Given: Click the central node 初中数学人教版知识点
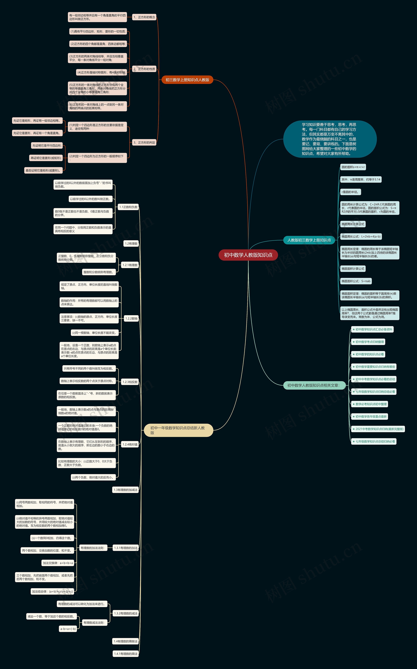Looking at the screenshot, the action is pyautogui.click(x=248, y=255).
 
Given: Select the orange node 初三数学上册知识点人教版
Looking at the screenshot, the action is pyautogui.click(x=187, y=80).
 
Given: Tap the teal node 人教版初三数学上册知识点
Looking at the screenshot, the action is pyautogui.click(x=309, y=240).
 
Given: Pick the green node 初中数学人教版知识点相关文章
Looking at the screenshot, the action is pyautogui.click(x=314, y=385).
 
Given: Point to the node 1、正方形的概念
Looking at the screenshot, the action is pyautogui.click(x=144, y=17).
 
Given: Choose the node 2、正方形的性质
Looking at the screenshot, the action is pyautogui.click(x=144, y=69).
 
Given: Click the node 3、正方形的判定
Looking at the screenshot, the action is pyautogui.click(x=144, y=143).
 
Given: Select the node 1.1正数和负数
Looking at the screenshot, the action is pyautogui.click(x=128, y=207).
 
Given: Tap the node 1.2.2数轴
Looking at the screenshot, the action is pyautogui.click(x=131, y=318).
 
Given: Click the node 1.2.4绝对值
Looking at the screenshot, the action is pyautogui.click(x=130, y=444).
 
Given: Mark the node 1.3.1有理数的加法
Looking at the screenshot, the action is pyautogui.click(x=126, y=548).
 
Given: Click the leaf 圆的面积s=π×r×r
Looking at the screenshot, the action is pyautogui.click(x=353, y=167).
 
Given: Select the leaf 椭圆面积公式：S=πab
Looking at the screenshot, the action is pyautogui.click(x=356, y=281).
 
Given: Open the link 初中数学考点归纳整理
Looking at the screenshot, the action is pyautogui.click(x=368, y=342).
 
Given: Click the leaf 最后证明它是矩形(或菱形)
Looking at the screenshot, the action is pyautogui.click(x=43, y=170).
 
